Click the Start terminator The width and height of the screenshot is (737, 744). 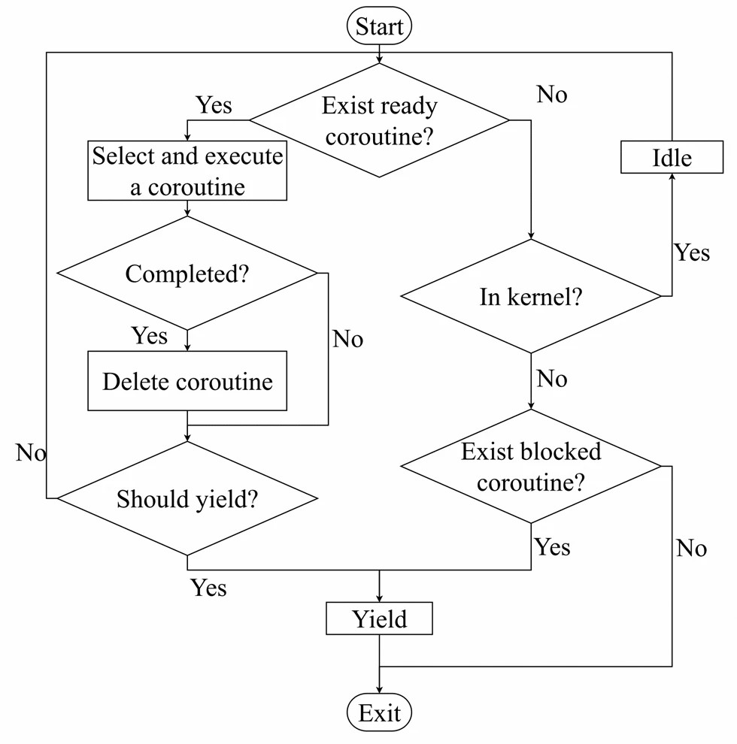(379, 27)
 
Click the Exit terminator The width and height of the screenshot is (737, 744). (379, 712)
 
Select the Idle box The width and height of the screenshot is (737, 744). (671, 159)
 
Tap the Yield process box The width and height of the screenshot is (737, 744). (379, 619)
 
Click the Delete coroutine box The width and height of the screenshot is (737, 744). (187, 381)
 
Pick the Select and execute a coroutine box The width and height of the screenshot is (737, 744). (187, 171)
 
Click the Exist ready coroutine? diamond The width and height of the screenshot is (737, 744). (379, 120)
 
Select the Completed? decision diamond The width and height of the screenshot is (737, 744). (187, 274)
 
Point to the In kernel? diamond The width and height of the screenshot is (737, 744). (531, 297)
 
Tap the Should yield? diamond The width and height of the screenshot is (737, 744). (187, 498)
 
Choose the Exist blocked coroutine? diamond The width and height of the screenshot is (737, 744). (531, 467)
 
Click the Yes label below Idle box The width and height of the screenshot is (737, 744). (691, 253)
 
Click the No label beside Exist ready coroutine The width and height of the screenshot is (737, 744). (551, 95)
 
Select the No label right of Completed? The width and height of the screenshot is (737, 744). (347, 340)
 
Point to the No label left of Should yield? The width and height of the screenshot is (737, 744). (31, 453)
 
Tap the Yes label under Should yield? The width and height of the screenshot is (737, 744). (208, 588)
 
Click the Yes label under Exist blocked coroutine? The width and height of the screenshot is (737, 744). (552, 548)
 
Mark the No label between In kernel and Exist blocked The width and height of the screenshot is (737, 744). (551, 379)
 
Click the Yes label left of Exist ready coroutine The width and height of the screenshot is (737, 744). (214, 104)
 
